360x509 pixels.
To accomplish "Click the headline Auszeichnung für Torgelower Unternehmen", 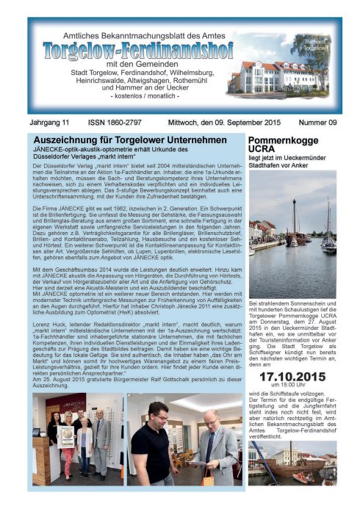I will tap(130, 140).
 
